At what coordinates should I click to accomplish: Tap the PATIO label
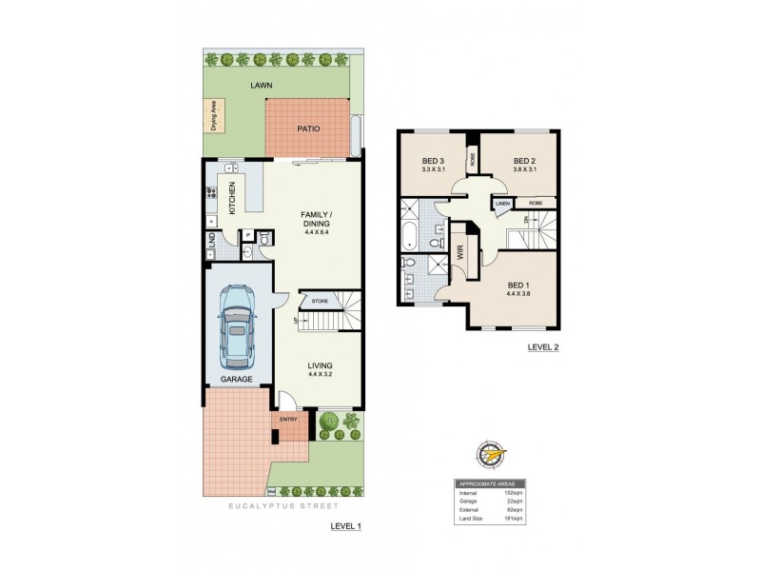pyautogui.click(x=308, y=129)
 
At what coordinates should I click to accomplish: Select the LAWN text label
pyautogui.click(x=262, y=86)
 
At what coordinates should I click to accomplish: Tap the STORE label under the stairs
pyautogui.click(x=320, y=303)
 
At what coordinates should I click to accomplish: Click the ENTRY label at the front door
pyautogui.click(x=288, y=418)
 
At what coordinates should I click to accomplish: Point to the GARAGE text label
pyautogui.click(x=237, y=379)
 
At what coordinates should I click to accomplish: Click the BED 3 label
pyautogui.click(x=434, y=160)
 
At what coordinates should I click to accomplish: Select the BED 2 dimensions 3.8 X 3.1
pyautogui.click(x=524, y=169)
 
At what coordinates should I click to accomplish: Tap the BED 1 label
pyautogui.click(x=518, y=285)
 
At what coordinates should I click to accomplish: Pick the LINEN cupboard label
pyautogui.click(x=502, y=203)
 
